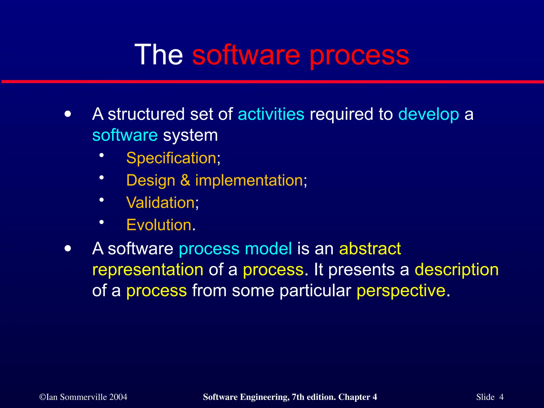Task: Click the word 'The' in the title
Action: pyautogui.click(x=159, y=55)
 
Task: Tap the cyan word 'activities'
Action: pyautogui.click(x=271, y=114)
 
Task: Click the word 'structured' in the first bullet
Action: pyautogui.click(x=146, y=114)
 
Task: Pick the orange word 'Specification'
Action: pyautogui.click(x=171, y=158)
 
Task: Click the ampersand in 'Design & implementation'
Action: pyautogui.click(x=185, y=180)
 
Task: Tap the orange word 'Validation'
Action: pyautogui.click(x=161, y=203)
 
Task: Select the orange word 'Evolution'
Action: pyautogui.click(x=159, y=225)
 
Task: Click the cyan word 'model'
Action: pyautogui.click(x=268, y=249)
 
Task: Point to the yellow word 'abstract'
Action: pyautogui.click(x=370, y=249)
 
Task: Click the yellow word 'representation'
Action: pyautogui.click(x=148, y=270)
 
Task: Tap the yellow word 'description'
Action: pyautogui.click(x=457, y=270)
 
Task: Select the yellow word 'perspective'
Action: pyautogui.click(x=401, y=291)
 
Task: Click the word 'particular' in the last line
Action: pyautogui.click(x=315, y=291)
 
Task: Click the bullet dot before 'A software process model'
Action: pyautogui.click(x=68, y=249)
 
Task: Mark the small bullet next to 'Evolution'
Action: pyautogui.click(x=101, y=222)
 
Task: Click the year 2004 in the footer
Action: pyautogui.click(x=118, y=397)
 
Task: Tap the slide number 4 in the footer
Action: pyautogui.click(x=501, y=397)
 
